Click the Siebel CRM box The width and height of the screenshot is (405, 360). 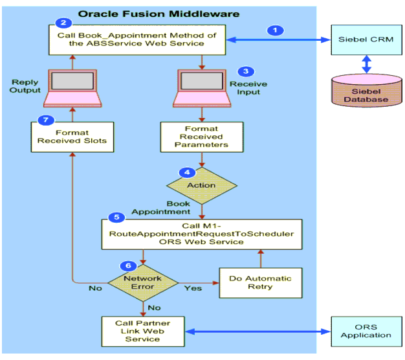click(x=367, y=39)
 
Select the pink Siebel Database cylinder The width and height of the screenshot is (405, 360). click(x=367, y=91)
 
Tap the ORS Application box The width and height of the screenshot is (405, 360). click(x=367, y=332)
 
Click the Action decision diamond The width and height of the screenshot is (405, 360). click(x=202, y=186)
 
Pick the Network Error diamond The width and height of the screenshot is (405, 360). click(x=143, y=283)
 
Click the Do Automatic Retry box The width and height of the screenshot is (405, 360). click(x=261, y=283)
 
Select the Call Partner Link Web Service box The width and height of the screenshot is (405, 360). click(x=143, y=332)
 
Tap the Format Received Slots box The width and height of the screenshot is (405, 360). click(x=72, y=137)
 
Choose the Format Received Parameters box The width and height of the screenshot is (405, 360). click(x=202, y=137)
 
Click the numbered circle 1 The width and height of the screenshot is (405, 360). click(x=276, y=30)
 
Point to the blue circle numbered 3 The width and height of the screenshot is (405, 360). click(x=246, y=71)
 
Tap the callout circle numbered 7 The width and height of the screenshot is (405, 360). click(x=46, y=120)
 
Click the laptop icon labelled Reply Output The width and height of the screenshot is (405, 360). click(x=72, y=88)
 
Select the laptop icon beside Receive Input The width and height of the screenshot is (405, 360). click(x=202, y=88)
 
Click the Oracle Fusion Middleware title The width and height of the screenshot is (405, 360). click(x=159, y=14)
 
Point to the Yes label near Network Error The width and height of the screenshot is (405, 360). click(x=193, y=288)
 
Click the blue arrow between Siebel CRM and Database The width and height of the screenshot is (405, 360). click(x=367, y=64)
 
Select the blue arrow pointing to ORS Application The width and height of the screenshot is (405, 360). click(x=257, y=332)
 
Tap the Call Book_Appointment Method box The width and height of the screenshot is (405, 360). click(x=137, y=39)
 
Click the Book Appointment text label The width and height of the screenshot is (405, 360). click(x=161, y=208)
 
